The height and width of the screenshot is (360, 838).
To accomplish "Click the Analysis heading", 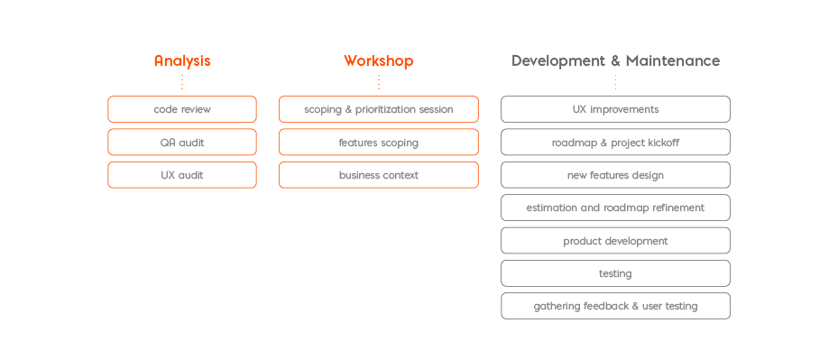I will (182, 61).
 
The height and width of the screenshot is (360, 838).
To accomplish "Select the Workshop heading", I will (378, 61).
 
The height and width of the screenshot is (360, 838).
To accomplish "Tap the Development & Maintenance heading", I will (615, 61).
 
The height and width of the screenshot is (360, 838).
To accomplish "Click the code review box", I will (182, 109).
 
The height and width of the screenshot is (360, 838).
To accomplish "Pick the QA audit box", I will (182, 143).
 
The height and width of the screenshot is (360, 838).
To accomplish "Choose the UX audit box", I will (182, 175).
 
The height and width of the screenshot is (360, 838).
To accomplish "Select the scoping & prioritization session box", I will (378, 109).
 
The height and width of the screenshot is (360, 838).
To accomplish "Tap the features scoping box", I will (378, 143).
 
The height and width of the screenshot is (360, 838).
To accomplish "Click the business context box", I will (378, 175).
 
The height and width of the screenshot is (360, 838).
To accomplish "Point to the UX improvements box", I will (615, 109).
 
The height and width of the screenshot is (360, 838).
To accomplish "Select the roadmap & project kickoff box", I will (615, 143).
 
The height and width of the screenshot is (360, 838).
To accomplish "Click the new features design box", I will (615, 175).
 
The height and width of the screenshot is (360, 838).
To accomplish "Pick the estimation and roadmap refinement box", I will (615, 208).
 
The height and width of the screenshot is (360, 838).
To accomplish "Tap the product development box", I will (615, 241).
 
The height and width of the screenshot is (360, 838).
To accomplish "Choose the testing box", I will (615, 273).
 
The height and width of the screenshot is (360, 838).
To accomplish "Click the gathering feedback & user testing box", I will (615, 306).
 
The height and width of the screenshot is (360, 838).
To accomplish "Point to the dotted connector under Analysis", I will (182, 82).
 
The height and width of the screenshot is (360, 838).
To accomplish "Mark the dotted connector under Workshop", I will (378, 82).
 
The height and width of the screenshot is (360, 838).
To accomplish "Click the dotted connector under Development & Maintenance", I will (615, 82).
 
